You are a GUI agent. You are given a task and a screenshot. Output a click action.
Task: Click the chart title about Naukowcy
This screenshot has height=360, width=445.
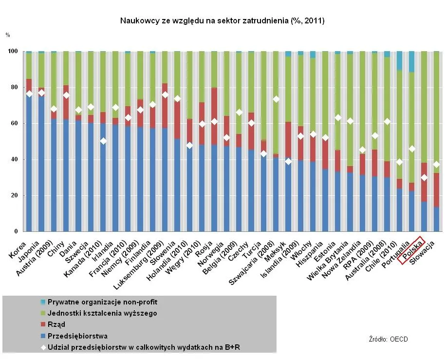tap(222, 21)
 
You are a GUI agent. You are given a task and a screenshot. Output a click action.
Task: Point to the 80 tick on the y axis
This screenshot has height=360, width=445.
tap(15, 88)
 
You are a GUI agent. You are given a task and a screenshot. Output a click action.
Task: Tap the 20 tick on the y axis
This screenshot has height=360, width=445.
tap(15, 196)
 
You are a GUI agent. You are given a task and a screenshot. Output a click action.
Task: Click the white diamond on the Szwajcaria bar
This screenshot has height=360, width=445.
tap(276, 99)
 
